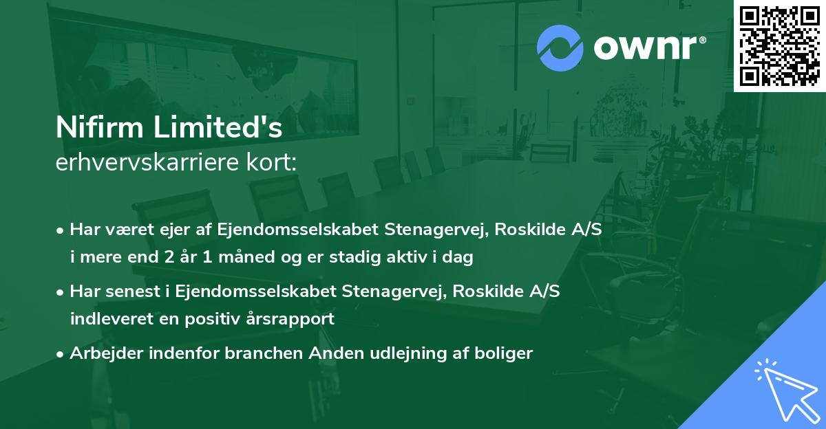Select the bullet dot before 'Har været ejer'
[61, 230]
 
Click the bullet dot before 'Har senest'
[61, 292]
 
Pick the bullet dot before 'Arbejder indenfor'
[61, 354]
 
